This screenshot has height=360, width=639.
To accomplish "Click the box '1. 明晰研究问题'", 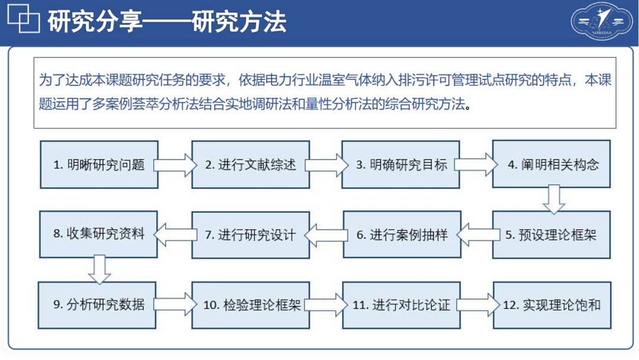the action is click(99, 165).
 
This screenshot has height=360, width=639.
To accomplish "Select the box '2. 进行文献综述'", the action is click(251, 165).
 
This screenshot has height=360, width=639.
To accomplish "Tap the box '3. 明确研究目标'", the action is click(401, 165).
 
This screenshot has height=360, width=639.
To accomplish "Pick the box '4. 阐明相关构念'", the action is click(551, 164).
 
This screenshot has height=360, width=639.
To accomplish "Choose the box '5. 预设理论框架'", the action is click(551, 235).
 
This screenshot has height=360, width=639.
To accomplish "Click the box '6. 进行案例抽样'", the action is click(402, 234).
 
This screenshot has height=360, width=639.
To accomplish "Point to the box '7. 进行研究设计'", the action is click(251, 235).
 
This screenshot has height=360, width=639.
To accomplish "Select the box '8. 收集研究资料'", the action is click(99, 234).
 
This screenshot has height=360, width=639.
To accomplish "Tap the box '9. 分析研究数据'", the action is click(97, 305).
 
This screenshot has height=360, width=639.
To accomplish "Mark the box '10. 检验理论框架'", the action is click(251, 305).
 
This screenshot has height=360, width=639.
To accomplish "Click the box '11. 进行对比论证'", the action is click(401, 305).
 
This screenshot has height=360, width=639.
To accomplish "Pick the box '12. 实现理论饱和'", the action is click(552, 305).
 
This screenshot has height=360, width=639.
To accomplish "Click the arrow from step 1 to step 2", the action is click(175, 165).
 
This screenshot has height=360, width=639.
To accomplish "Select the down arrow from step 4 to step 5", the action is click(554, 200).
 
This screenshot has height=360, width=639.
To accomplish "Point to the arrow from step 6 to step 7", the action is click(326, 235).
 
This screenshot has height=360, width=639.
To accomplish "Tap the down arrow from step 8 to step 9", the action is click(99, 269).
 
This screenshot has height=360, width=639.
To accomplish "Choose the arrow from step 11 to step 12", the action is click(478, 305).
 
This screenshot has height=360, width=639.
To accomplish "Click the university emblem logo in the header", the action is click(602, 21).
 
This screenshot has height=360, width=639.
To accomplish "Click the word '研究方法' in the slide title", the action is click(239, 21).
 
